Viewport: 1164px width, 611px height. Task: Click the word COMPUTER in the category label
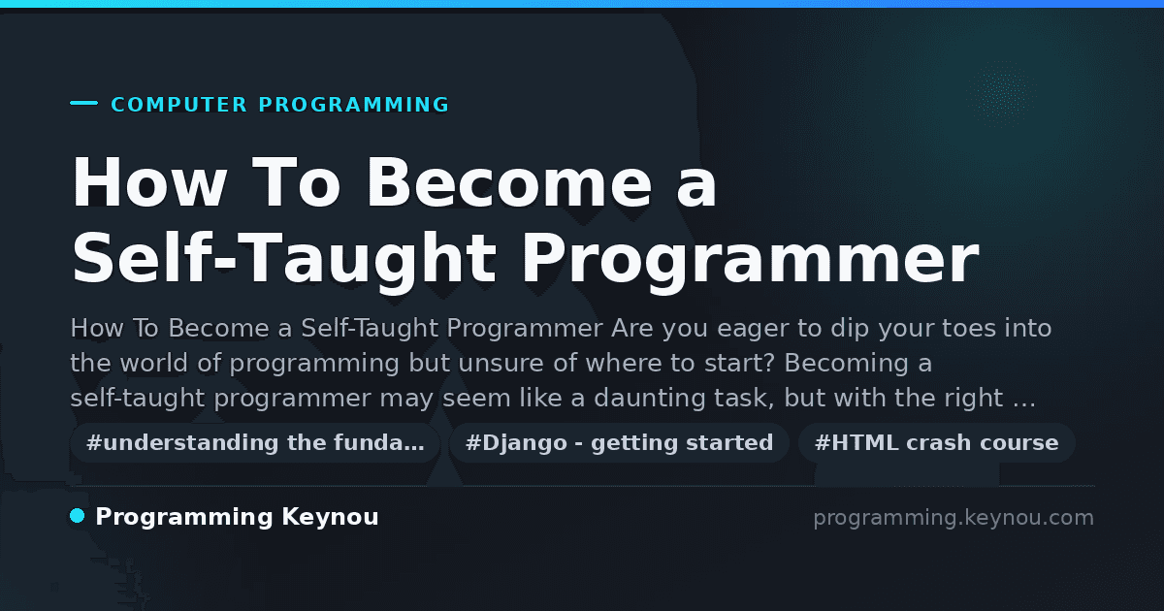[178, 105]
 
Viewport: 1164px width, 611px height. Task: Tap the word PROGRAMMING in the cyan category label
[354, 105]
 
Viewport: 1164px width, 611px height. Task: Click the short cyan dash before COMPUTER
[84, 103]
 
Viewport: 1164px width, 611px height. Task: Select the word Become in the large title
[509, 183]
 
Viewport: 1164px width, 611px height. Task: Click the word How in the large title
[149, 183]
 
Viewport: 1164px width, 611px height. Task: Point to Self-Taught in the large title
[284, 259]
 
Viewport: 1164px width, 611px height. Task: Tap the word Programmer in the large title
[750, 259]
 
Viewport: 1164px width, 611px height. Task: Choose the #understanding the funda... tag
[255, 442]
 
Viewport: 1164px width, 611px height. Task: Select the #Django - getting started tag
[619, 442]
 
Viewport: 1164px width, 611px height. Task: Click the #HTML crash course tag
[936, 442]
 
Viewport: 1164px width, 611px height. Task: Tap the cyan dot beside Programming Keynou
[78, 516]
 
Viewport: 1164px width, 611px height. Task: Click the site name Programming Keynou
[237, 517]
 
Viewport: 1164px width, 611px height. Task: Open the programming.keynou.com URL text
[954, 518]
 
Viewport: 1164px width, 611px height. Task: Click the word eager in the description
[753, 330]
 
